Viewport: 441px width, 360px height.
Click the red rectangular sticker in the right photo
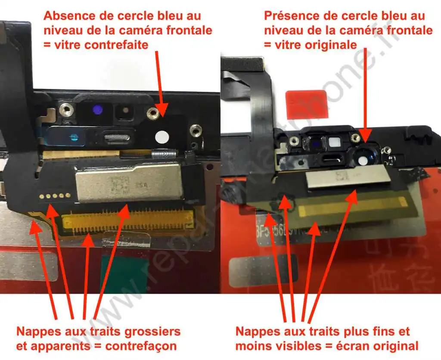point(307,105)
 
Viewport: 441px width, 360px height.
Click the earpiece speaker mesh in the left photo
point(115,138)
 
